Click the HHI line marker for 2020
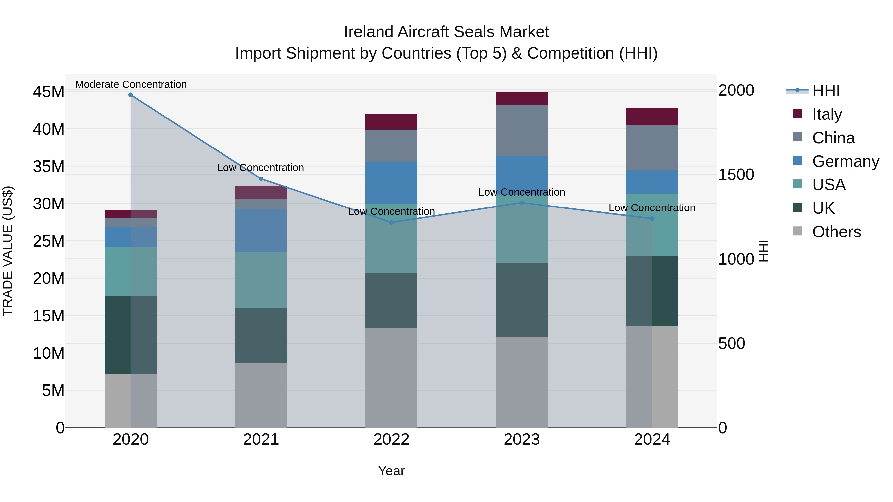[131, 95]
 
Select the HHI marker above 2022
[391, 222]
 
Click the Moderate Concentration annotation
[131, 84]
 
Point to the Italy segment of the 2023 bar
[521, 98]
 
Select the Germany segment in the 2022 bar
[391, 182]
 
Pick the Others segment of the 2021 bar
[261, 395]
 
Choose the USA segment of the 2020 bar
[131, 272]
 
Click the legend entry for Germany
[845, 161]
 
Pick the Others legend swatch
[797, 231]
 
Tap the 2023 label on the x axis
[521, 440]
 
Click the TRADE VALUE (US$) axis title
[8, 251]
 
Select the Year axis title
[391, 471]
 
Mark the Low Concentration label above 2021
[261, 168]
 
